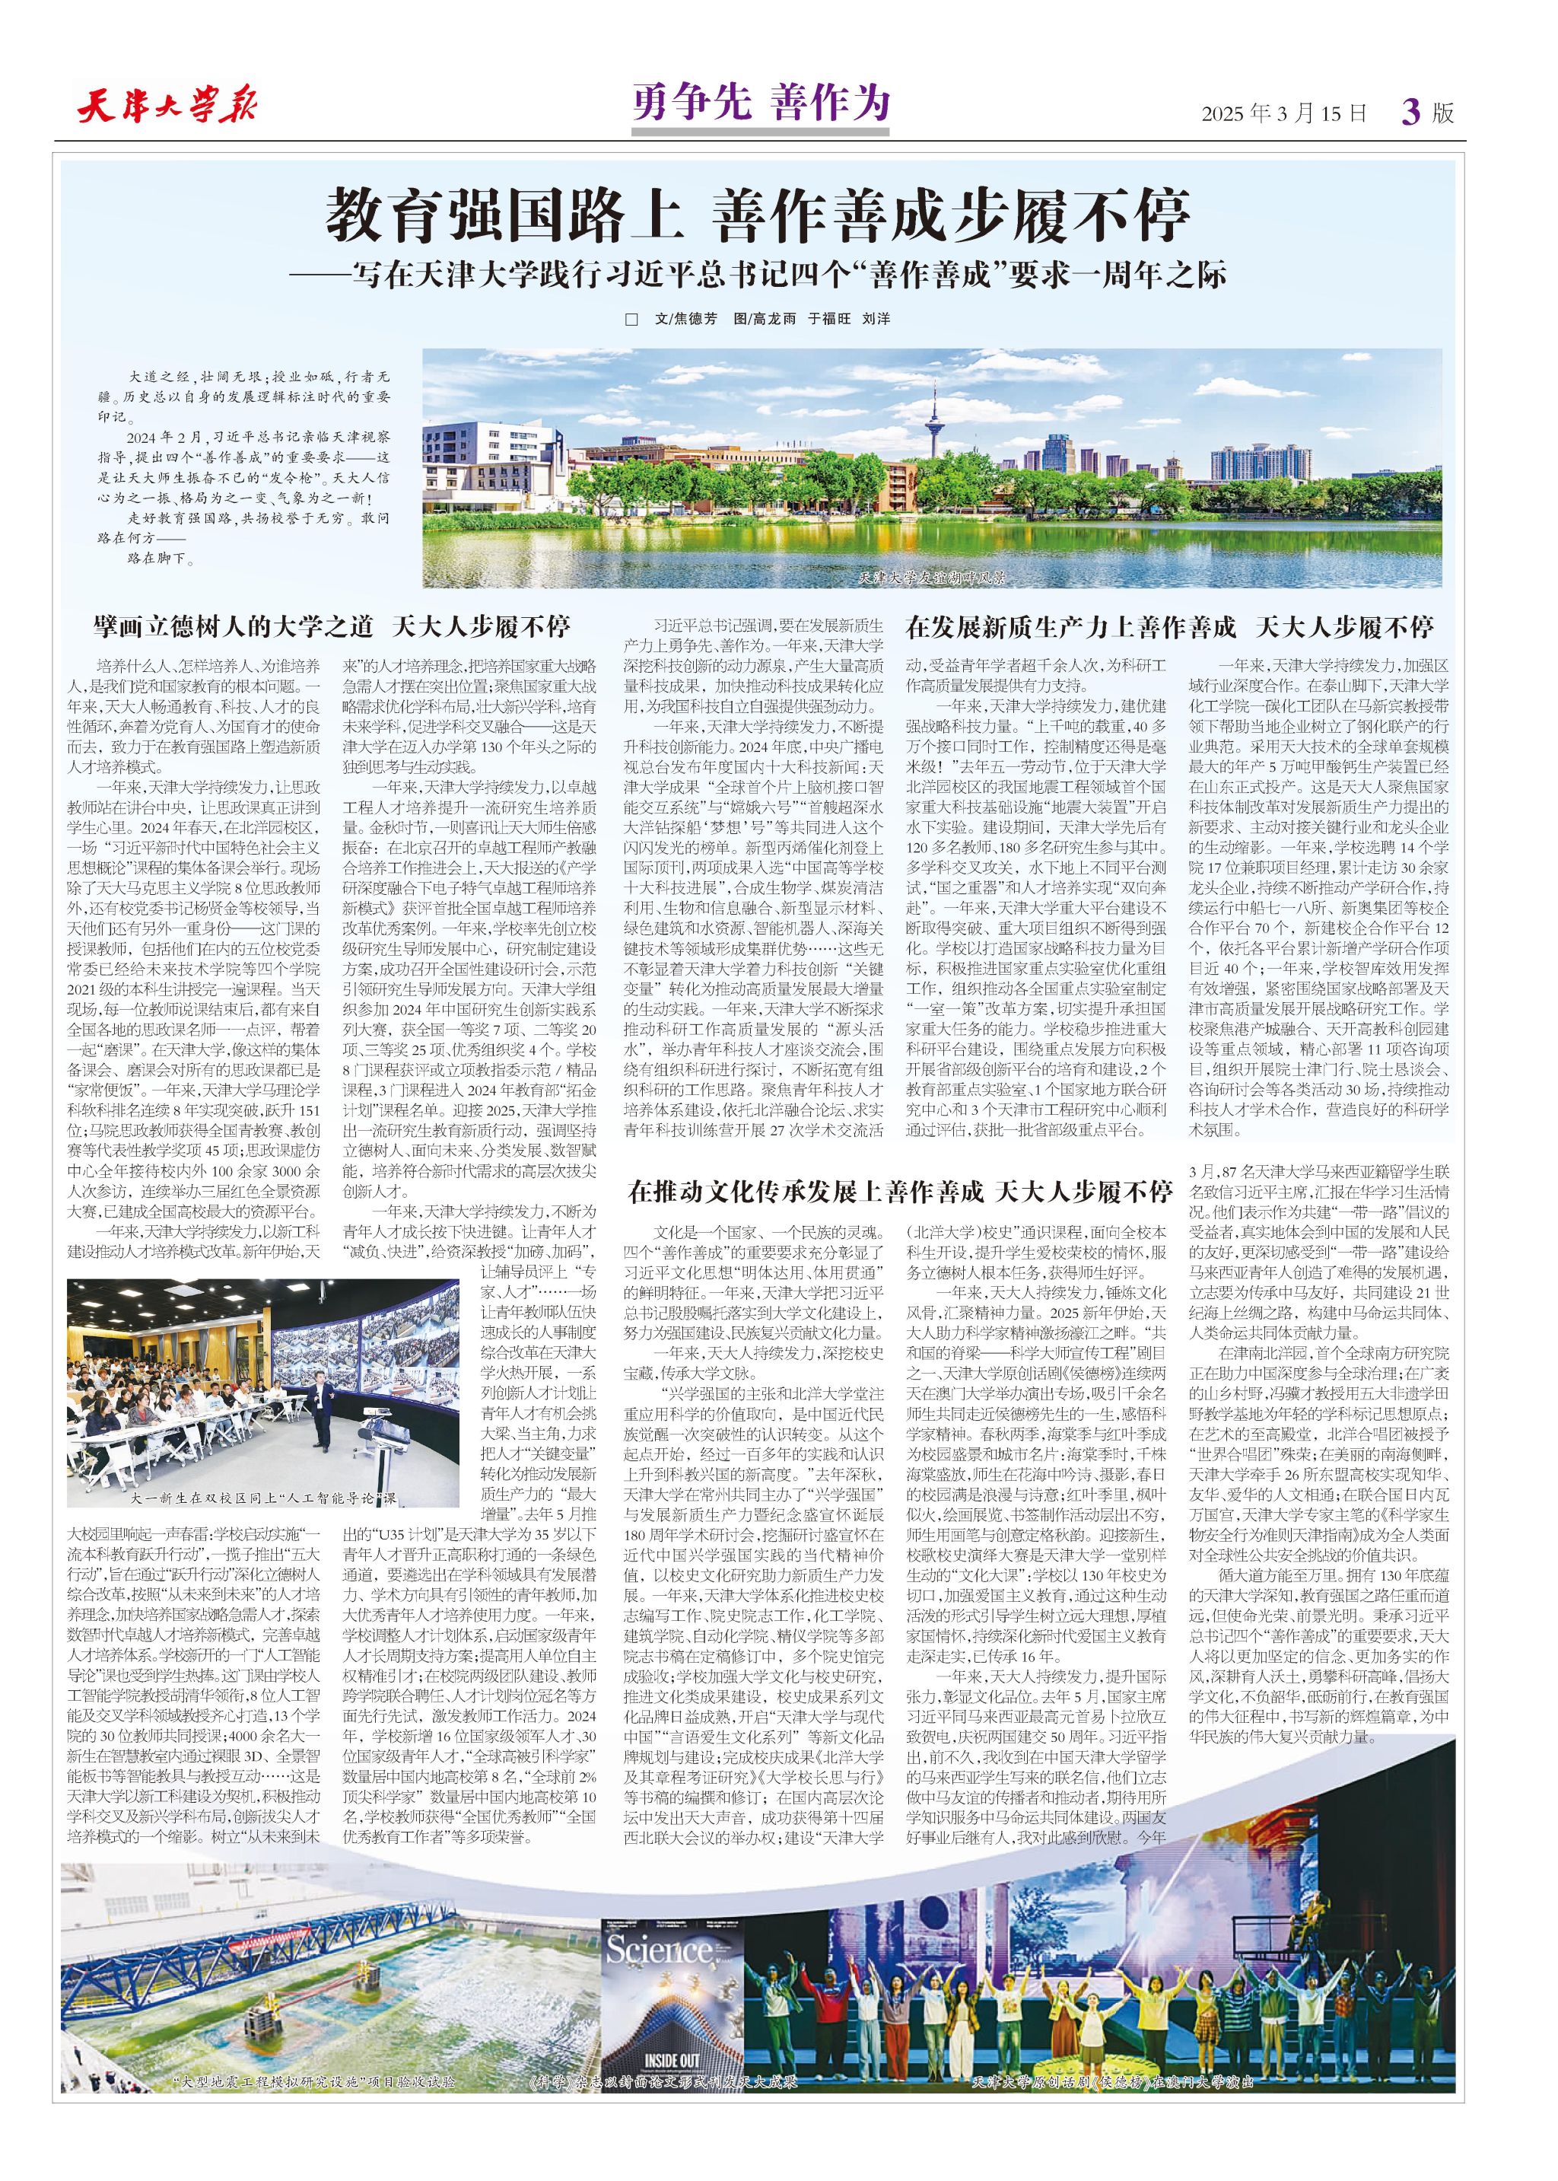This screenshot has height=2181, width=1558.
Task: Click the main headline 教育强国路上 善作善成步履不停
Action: coord(758,216)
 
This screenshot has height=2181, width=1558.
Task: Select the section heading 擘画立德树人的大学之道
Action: coord(233,628)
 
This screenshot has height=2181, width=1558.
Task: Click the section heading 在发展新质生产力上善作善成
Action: coord(1070,628)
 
